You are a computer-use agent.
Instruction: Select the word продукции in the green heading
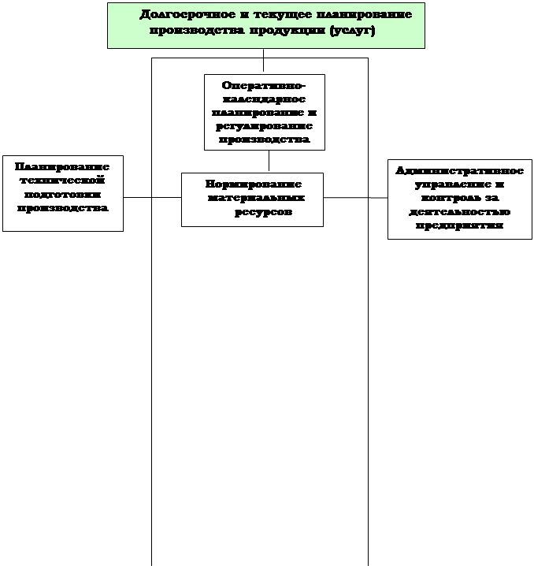(290, 31)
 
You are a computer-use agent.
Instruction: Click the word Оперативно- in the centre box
(265, 85)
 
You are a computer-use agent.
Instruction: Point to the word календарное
(265, 99)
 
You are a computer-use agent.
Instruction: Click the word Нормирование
(254, 184)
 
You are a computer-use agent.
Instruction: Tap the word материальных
(256, 199)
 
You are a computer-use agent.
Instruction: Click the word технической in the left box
(63, 181)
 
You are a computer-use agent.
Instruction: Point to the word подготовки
(63, 195)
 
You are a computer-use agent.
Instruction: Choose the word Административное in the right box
(460, 170)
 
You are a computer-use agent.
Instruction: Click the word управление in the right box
(460, 184)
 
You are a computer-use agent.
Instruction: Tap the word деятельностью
(460, 212)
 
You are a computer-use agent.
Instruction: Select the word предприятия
(460, 226)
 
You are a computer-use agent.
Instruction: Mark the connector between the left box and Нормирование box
(152, 197)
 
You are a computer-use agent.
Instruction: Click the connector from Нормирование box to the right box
(355, 198)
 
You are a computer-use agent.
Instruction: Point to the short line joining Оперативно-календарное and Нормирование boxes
(269, 161)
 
